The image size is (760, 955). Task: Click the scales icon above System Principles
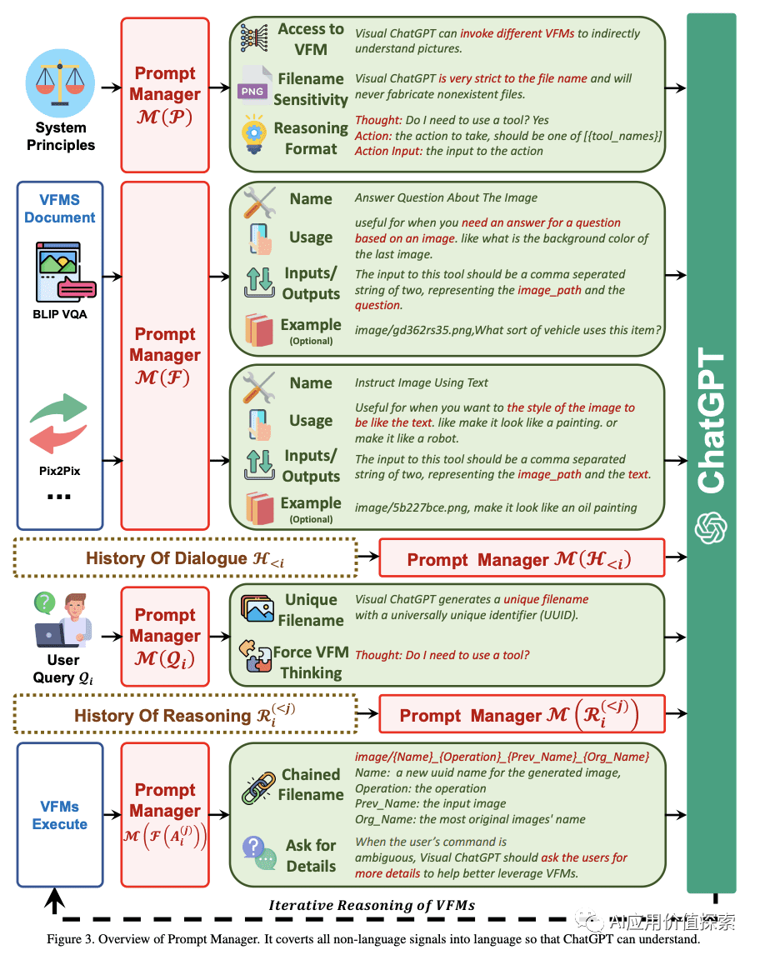[x=60, y=83]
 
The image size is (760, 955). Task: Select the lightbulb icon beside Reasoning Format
[x=254, y=135]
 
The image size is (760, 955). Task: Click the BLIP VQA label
[x=60, y=314]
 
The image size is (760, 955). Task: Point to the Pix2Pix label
[x=60, y=471]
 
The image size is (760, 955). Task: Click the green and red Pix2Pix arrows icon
[x=58, y=423]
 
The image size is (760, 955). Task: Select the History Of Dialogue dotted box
[x=185, y=557]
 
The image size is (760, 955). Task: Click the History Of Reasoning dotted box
[x=185, y=714]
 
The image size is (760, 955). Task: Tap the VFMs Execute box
[x=60, y=815]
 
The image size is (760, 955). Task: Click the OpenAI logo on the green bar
[x=711, y=527]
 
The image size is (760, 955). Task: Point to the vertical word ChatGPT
[x=711, y=420]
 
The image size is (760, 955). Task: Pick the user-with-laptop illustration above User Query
[x=63, y=620]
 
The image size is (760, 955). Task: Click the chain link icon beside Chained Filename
[x=258, y=788]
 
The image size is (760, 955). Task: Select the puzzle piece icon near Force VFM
[x=255, y=656]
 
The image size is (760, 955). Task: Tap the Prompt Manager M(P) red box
[x=165, y=95]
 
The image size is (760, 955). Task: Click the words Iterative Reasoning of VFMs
[x=372, y=905]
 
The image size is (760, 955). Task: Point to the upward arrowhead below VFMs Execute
[x=55, y=897]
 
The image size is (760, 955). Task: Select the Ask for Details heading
[x=311, y=856]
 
